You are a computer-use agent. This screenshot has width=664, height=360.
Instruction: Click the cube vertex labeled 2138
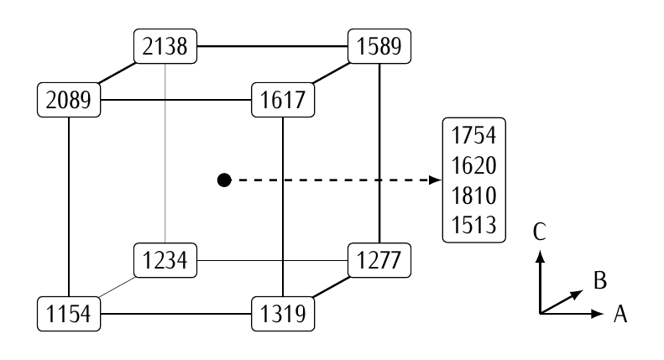pyautogui.click(x=165, y=45)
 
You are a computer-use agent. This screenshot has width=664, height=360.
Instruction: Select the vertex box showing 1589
pyautogui.click(x=381, y=45)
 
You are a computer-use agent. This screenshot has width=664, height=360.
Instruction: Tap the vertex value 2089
pyautogui.click(x=69, y=102)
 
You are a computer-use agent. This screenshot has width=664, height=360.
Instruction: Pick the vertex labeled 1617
pyautogui.click(x=283, y=102)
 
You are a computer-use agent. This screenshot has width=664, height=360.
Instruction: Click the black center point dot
pyautogui.click(x=224, y=180)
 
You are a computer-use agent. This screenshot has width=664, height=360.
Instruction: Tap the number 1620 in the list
pyautogui.click(x=473, y=166)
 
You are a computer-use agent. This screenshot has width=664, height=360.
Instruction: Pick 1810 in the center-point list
pyautogui.click(x=473, y=196)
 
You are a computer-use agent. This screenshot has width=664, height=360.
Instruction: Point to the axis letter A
pyautogui.click(x=621, y=315)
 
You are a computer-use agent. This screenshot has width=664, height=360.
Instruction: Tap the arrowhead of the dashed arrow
pyautogui.click(x=436, y=180)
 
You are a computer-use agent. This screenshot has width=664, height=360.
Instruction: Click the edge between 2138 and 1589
pyautogui.click(x=273, y=45)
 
